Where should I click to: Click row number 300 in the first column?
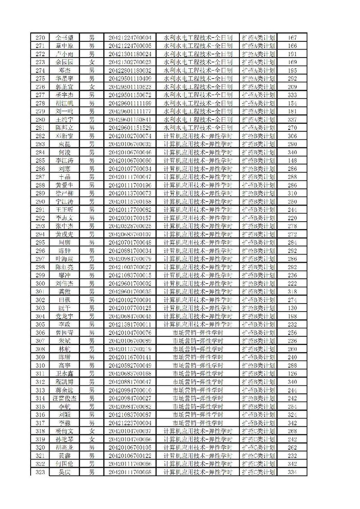pos(40,283)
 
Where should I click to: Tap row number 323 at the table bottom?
pos(40,472)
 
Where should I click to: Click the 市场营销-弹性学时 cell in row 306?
pos(198,333)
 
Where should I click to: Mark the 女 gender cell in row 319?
pos(92,439)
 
